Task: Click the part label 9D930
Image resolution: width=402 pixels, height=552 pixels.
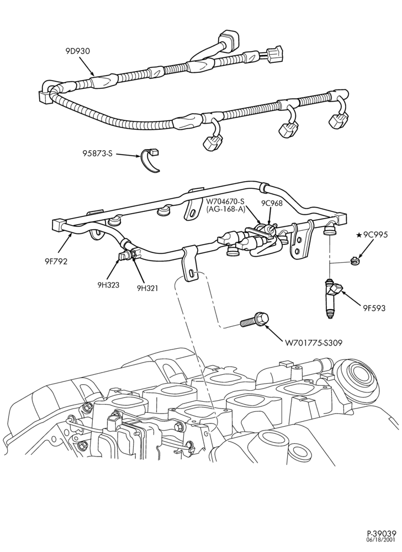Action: coord(77,51)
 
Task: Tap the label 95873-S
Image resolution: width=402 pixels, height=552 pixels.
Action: coord(98,154)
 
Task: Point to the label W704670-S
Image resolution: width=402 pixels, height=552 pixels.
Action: coord(225,201)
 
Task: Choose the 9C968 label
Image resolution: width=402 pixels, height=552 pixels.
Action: coord(271,203)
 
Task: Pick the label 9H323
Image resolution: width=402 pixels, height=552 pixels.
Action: coord(108,284)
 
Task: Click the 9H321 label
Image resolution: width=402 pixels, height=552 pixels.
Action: coord(147,288)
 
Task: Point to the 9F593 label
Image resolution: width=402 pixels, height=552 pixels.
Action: coord(374,309)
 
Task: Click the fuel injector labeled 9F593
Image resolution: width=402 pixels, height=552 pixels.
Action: coord(332,298)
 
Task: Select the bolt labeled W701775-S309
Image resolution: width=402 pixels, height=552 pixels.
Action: coord(255,319)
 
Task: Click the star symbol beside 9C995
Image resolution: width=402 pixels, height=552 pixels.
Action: coord(359,235)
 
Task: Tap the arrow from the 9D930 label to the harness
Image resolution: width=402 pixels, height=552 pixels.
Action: coord(86,66)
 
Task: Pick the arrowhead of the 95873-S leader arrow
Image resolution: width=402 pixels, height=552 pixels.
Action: coord(140,156)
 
